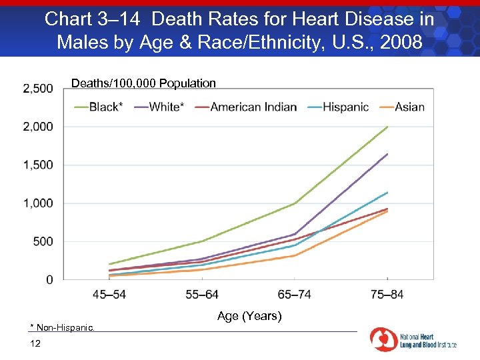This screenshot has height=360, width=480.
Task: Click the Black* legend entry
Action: pos(99,107)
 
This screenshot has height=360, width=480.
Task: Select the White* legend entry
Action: pos(159,107)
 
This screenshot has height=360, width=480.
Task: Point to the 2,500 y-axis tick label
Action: pos(38,89)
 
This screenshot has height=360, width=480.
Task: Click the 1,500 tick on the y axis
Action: pos(38,165)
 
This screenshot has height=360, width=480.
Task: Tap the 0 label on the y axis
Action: pos(49,280)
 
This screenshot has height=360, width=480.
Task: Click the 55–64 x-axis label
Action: pos(202,295)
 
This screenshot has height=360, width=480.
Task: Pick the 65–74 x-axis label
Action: pos(295,295)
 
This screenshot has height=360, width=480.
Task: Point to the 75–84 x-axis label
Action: pos(387,295)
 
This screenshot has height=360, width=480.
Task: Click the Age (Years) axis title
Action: pos(249,316)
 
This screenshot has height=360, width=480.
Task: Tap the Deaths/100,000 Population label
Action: pos(143,83)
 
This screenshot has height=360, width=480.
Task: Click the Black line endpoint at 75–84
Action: pos(387,127)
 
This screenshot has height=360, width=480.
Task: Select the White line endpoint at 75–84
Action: pos(387,154)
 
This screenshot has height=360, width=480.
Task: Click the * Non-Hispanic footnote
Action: pos(63,327)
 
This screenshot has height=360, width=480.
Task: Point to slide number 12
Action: pos(35,343)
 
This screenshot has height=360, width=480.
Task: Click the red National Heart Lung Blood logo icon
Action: pos(383,339)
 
